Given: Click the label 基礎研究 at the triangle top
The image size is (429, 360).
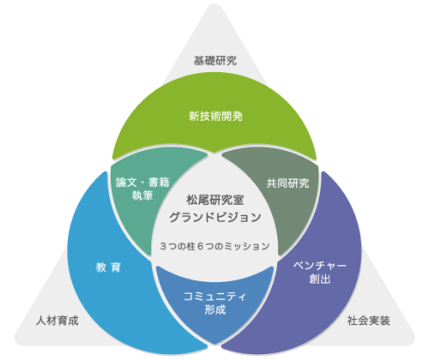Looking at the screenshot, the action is pyautogui.click(x=215, y=61).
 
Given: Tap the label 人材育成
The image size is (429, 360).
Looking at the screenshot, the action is pyautogui.click(x=57, y=321).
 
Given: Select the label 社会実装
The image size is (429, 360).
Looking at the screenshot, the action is pyautogui.click(x=369, y=321).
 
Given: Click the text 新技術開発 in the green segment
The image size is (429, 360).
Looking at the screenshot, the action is pyautogui.click(x=215, y=117).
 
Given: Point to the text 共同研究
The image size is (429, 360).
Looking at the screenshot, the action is pyautogui.click(x=287, y=183).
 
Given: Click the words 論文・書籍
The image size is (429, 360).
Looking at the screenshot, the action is pyautogui.click(x=142, y=183).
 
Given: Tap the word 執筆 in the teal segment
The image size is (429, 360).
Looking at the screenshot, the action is pyautogui.click(x=142, y=195).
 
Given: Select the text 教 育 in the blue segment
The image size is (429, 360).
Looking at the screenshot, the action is pyautogui.click(x=108, y=267).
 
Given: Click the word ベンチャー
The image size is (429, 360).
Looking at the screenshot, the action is pyautogui.click(x=320, y=266).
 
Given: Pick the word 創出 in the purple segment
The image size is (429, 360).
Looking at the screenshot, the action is pyautogui.click(x=320, y=279).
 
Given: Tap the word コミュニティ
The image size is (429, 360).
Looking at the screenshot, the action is pyautogui.click(x=214, y=297).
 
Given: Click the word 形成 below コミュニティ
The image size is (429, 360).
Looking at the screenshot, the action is pyautogui.click(x=215, y=309).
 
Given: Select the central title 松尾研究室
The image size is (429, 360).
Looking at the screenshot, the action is pyautogui.click(x=215, y=200).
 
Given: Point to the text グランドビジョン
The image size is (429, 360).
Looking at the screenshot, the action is pyautogui.click(x=215, y=217).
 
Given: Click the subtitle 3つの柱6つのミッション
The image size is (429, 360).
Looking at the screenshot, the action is pyautogui.click(x=215, y=246).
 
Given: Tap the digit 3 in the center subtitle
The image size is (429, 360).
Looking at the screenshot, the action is pyautogui.click(x=163, y=246).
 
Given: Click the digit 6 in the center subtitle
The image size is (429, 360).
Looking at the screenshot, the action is pyautogui.click(x=200, y=246).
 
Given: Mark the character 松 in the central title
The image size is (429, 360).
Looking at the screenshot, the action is pyautogui.click(x=192, y=200).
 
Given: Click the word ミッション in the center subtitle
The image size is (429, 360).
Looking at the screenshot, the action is pyautogui.click(x=247, y=246).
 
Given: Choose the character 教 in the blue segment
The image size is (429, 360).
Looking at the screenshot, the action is pyautogui.click(x=101, y=267).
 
